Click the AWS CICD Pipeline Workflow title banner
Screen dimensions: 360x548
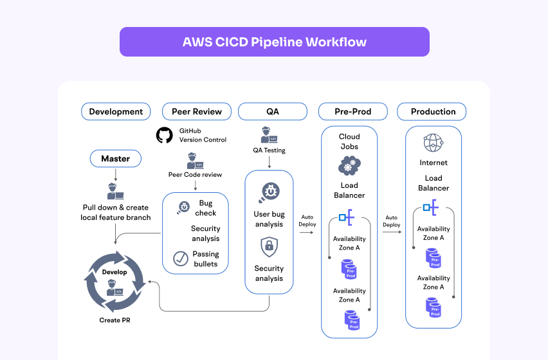tap(274, 42)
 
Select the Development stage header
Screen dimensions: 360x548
tap(116, 111)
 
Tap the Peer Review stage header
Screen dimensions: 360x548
tap(196, 111)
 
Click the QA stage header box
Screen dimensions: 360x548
tap(273, 111)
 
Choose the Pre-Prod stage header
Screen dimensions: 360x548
tap(352, 111)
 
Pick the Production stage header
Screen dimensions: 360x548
tap(433, 111)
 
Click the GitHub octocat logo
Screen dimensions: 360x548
tap(165, 135)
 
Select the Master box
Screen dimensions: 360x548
tap(115, 158)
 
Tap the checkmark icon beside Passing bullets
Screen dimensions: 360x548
tap(181, 258)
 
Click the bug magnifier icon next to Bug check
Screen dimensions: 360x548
tap(183, 208)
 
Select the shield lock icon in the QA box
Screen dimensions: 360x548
tap(269, 246)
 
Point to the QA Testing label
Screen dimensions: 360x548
tap(269, 150)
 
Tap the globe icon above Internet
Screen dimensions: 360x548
tap(434, 143)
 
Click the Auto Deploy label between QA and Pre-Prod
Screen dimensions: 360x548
tap(307, 221)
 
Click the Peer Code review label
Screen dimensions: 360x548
tap(194, 174)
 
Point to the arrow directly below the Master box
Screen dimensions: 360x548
tap(115, 174)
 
